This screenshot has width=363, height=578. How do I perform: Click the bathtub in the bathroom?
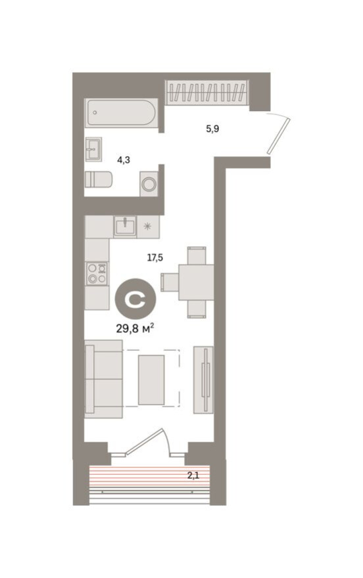coord(121,112)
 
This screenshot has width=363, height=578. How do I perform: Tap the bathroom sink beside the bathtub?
coord(93,148)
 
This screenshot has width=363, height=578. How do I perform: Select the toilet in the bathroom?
coord(99,179)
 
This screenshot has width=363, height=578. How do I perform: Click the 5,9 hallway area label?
coord(212,129)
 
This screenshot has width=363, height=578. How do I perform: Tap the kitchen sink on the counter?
coord(124,227)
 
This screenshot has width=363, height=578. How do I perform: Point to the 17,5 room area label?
coord(155,258)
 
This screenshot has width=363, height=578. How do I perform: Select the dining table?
coord(196,282)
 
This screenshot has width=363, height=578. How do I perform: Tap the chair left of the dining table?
coord(169,282)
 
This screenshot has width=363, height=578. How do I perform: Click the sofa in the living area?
coord(104,380)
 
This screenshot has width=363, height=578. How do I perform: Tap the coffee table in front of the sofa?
coord(152,380)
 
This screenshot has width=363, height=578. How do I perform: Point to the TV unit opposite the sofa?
coord(203,380)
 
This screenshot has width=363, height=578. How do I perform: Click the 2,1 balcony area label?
coord(193,476)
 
